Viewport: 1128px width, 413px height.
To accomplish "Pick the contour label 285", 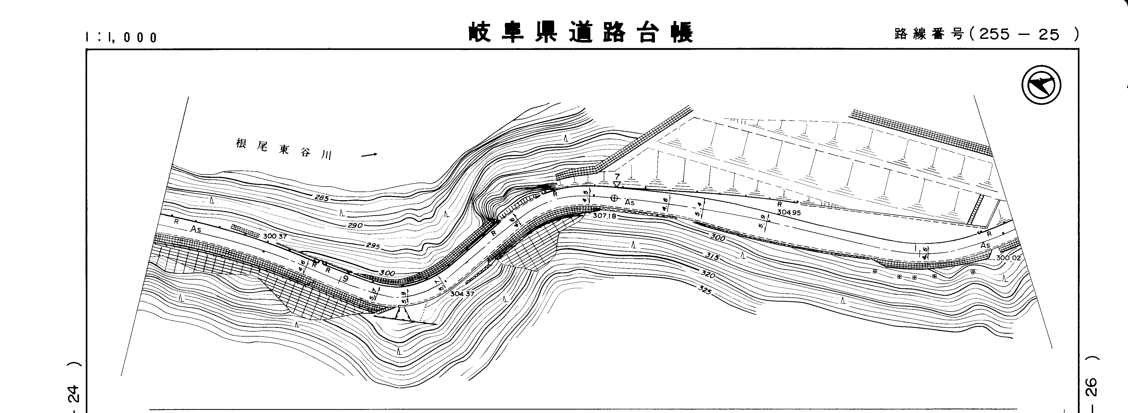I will click(322, 198).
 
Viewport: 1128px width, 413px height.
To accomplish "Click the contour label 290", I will click(355, 225).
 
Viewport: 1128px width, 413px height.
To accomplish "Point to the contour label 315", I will click(712, 257).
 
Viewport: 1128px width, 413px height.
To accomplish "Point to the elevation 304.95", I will click(789, 212).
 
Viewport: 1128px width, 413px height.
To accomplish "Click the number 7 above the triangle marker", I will click(617, 177).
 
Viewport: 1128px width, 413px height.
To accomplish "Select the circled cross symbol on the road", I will click(614, 198).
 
